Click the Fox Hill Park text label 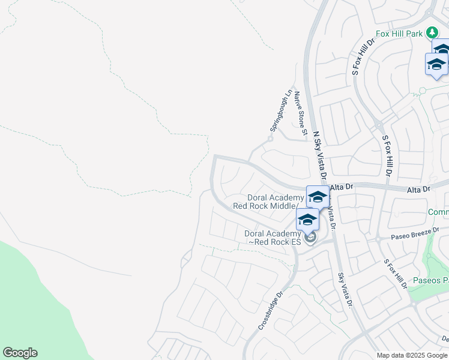[x=399, y=34]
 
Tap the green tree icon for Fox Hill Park [x=432, y=32]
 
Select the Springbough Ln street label [x=280, y=112]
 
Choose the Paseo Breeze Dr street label [x=414, y=232]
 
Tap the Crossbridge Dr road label [x=271, y=311]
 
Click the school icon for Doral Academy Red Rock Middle [x=317, y=196]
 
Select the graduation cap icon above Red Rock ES [x=307, y=219]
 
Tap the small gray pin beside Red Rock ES [x=310, y=239]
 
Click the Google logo [x=20, y=352]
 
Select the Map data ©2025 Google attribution [x=412, y=355]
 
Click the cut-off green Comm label [x=438, y=212]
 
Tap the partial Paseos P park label [x=429, y=281]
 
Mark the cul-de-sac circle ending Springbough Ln [x=271, y=139]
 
